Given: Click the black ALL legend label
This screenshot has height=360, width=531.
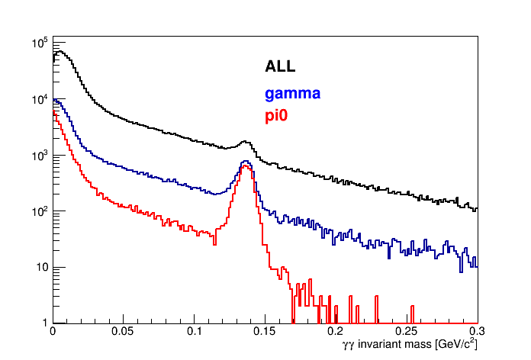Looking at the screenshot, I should tap(280, 66).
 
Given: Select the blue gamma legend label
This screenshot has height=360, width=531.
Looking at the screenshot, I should tap(292, 94).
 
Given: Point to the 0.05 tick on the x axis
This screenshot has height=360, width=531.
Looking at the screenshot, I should tap(123, 333).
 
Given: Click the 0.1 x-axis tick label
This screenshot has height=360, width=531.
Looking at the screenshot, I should tap(194, 333).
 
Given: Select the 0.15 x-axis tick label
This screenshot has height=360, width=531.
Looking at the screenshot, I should tap(265, 333).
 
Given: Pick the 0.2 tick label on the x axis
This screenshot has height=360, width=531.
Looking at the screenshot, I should tap(336, 333).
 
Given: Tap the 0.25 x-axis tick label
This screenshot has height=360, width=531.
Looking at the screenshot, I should tap(407, 333).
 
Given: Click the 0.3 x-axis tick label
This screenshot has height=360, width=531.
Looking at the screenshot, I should tap(477, 333).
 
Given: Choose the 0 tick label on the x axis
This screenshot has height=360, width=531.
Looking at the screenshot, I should tap(52, 333).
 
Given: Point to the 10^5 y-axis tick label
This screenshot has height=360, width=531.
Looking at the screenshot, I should tap(40, 43).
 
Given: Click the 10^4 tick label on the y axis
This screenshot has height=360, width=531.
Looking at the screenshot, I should tap(40, 99).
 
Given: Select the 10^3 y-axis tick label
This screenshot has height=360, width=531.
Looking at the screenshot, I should tap(40, 155).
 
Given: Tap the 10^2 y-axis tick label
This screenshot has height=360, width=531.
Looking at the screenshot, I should tap(40, 211).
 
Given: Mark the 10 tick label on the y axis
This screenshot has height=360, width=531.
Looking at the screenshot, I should tap(42, 267).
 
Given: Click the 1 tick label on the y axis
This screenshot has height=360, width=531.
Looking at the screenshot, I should tap(44, 323).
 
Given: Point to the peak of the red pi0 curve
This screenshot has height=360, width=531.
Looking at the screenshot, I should tap(245, 166).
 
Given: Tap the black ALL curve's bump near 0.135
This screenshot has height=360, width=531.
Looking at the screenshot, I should tap(245, 141).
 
